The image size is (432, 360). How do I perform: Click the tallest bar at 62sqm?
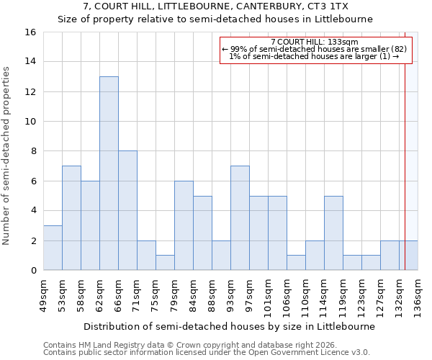click(109, 173)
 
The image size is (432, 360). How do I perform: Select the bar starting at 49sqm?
click(53, 248)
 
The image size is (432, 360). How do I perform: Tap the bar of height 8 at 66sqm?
click(127, 210)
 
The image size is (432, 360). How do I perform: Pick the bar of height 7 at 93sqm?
click(240, 217)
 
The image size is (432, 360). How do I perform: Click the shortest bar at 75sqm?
click(165, 263)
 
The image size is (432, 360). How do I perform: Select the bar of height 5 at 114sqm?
click(333, 233)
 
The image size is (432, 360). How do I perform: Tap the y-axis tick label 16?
click(30, 32)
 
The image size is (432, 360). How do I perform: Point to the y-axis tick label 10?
click(30, 122)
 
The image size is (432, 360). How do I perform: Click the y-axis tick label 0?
click(33, 270)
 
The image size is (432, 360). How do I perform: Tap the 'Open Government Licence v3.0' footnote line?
click(206, 353)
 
